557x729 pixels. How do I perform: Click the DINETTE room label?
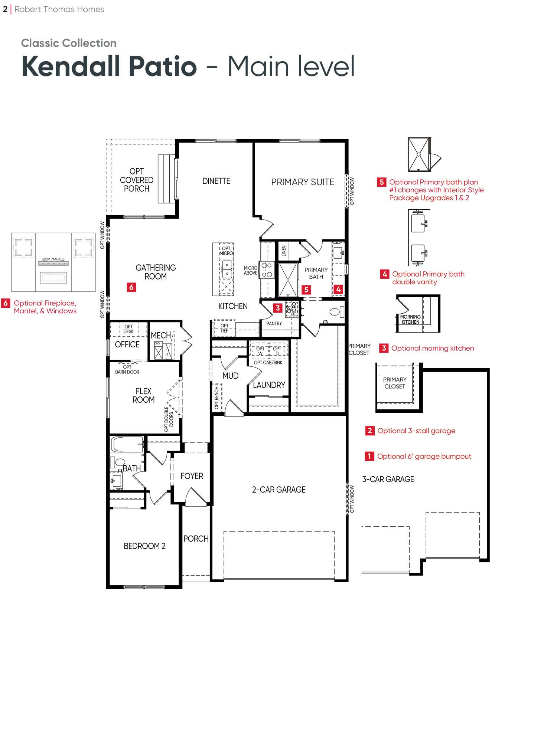click(x=216, y=181)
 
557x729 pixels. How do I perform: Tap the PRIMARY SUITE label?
click(x=303, y=182)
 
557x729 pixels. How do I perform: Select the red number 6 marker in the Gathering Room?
click(x=131, y=287)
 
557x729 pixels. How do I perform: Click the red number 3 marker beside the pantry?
click(x=278, y=308)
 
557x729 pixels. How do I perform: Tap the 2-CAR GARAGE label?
click(x=279, y=490)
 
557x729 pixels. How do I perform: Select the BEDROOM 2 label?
click(x=144, y=546)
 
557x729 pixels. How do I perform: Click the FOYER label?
click(x=192, y=476)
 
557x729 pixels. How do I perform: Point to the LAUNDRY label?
click(x=269, y=385)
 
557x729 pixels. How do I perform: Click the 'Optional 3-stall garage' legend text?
click(x=416, y=431)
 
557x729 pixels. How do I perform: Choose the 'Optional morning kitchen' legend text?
click(x=433, y=349)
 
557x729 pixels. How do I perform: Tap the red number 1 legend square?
click(x=369, y=456)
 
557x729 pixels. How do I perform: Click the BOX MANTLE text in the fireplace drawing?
click(x=53, y=259)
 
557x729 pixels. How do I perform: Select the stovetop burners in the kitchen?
click(x=267, y=270)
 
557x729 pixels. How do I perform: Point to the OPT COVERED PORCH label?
click(x=137, y=180)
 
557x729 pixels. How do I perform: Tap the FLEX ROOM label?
click(x=143, y=396)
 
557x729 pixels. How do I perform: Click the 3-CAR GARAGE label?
click(x=388, y=480)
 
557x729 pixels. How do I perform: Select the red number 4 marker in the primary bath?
click(x=338, y=289)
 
